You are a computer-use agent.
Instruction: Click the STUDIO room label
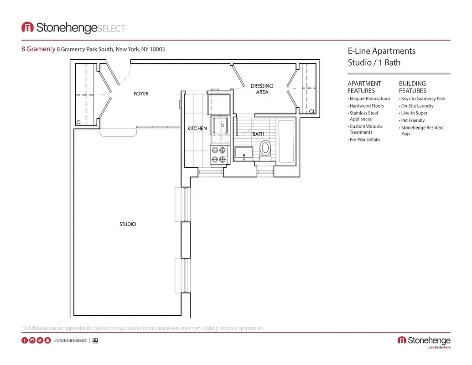(128, 224)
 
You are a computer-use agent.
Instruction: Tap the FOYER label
(141, 94)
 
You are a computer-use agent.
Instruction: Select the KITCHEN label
(197, 129)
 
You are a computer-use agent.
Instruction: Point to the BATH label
(259, 134)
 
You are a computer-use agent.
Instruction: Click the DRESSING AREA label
(262, 89)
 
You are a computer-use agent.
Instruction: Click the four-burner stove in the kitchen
(218, 154)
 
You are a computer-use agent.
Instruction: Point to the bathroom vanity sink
(244, 154)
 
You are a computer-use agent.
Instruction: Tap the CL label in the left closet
(79, 122)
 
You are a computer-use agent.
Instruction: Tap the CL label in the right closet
(312, 111)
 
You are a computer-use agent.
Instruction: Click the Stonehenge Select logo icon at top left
(27, 27)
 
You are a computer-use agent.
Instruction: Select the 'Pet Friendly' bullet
(413, 120)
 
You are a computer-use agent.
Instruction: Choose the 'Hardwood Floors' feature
(367, 106)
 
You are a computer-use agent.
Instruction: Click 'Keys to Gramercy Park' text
(423, 99)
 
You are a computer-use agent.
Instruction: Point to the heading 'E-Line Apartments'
(381, 51)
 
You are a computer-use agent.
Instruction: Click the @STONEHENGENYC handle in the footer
(70, 340)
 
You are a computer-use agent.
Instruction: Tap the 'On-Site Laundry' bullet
(417, 106)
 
